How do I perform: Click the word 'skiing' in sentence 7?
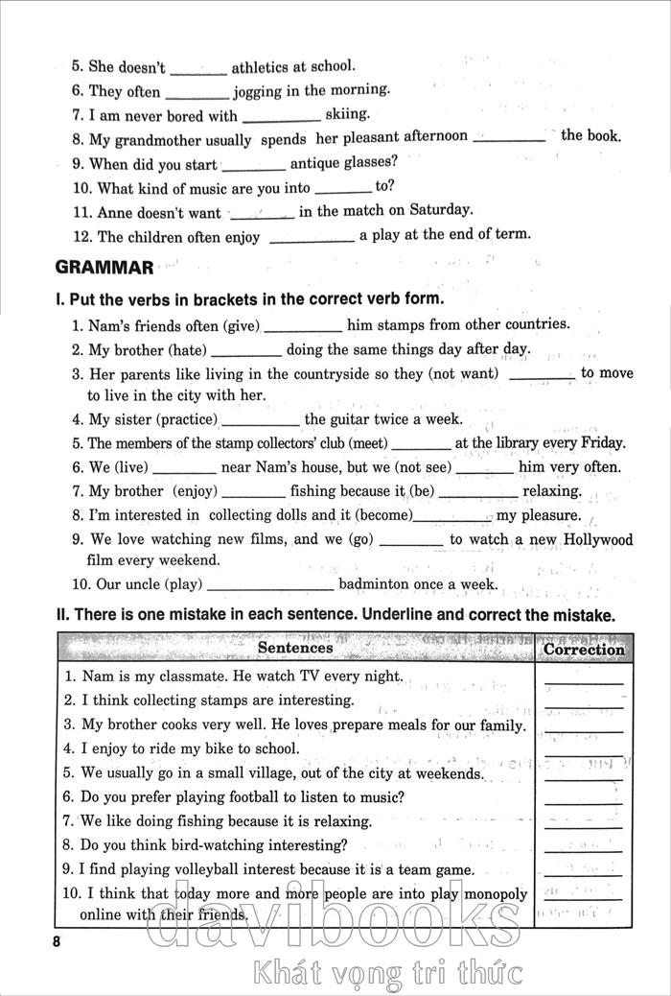tap(347, 114)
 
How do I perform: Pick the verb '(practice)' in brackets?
tap(187, 419)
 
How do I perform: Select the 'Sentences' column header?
tap(295, 648)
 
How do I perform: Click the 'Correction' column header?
tap(583, 650)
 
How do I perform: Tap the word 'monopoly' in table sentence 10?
tap(495, 894)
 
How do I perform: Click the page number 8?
tap(58, 941)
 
